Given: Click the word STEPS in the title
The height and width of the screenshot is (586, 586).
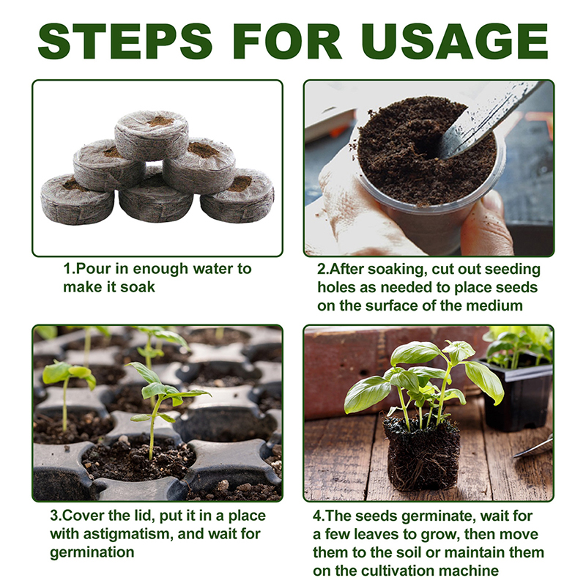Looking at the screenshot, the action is (x=125, y=41).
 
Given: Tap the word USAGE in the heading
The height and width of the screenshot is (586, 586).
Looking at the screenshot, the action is (x=455, y=41).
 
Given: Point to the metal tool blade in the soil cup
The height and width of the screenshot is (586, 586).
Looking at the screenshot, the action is (x=486, y=119).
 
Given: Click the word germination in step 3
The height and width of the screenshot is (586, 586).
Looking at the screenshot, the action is (x=92, y=552).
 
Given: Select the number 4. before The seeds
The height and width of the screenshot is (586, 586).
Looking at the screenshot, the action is (x=319, y=516).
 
